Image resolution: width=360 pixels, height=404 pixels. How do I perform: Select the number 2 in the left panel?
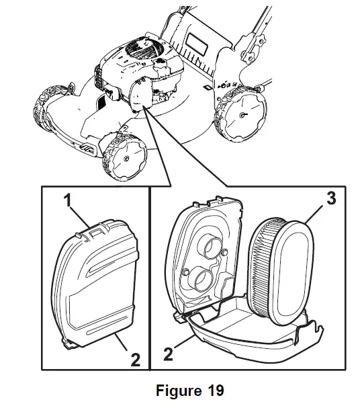pyautogui.click(x=135, y=360)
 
